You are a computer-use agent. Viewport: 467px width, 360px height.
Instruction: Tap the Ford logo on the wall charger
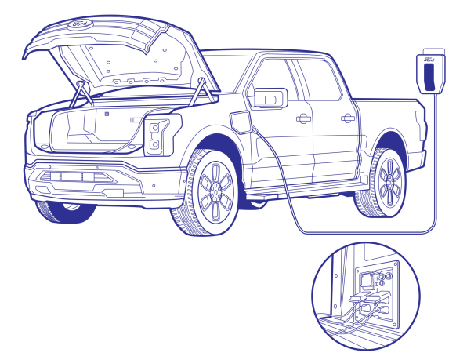(x=429, y=60)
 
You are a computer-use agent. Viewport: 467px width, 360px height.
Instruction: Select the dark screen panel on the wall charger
(x=429, y=77)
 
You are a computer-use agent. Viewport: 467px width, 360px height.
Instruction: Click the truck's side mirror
(x=270, y=97)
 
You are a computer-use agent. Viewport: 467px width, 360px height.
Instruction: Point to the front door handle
(x=303, y=118)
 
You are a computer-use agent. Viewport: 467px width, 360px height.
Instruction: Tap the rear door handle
(x=348, y=118)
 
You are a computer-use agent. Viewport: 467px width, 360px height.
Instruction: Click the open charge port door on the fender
(x=241, y=122)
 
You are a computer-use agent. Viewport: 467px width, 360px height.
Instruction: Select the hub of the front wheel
(x=215, y=190)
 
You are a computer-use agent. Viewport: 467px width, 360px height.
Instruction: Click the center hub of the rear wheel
(x=389, y=181)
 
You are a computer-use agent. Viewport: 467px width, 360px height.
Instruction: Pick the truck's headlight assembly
(x=162, y=135)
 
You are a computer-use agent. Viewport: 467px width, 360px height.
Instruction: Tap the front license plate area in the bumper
(x=71, y=176)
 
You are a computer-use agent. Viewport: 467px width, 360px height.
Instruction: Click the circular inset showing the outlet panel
(x=366, y=296)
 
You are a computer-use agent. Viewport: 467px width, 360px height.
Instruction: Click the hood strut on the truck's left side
(x=81, y=93)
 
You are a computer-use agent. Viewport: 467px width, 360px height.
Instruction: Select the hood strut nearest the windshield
(x=202, y=92)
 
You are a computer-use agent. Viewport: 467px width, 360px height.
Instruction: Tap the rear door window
(x=319, y=80)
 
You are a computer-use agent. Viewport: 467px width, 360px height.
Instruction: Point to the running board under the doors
(x=304, y=191)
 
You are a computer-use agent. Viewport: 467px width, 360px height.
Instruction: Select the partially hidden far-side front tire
(x=66, y=212)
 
